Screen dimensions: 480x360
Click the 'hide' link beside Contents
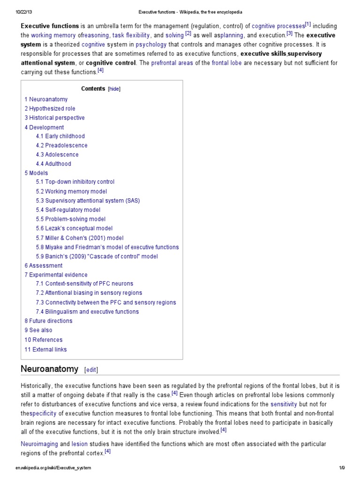tap(114, 89)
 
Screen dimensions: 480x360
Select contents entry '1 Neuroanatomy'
tap(46, 99)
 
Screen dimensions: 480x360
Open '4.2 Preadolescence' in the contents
tap(61, 145)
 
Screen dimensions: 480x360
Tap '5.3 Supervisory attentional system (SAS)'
tap(88, 201)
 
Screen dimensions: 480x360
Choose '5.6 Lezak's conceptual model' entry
tap(74, 228)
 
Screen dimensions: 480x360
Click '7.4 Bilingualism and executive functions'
tap(87, 312)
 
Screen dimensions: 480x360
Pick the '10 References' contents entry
tap(43, 340)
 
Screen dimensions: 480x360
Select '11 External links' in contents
tap(45, 349)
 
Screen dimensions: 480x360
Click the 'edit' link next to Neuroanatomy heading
tap(91, 370)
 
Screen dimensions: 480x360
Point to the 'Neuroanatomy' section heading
tap(50, 369)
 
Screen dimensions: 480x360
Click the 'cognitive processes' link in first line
tap(278, 26)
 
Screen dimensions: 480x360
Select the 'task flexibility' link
tap(131, 35)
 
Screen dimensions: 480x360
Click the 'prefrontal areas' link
tap(172, 63)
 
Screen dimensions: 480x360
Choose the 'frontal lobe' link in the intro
tap(227, 63)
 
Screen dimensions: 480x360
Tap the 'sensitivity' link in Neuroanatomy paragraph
tap(284, 404)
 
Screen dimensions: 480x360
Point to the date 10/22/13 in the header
tap(23, 12)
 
